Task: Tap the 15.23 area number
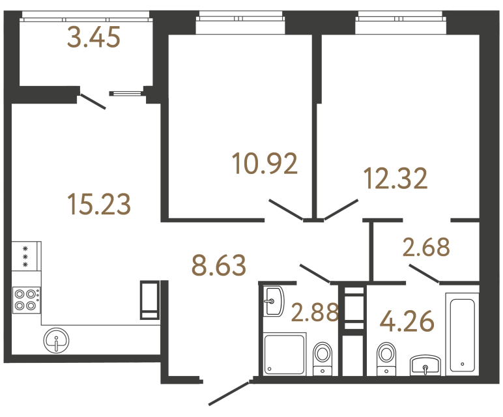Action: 100,204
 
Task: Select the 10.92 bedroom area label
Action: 265,163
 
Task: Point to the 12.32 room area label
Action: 395,178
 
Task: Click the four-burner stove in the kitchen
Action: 26,299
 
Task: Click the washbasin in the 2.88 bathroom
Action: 274,301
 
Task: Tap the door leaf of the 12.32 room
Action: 341,210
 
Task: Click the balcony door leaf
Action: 93,102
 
